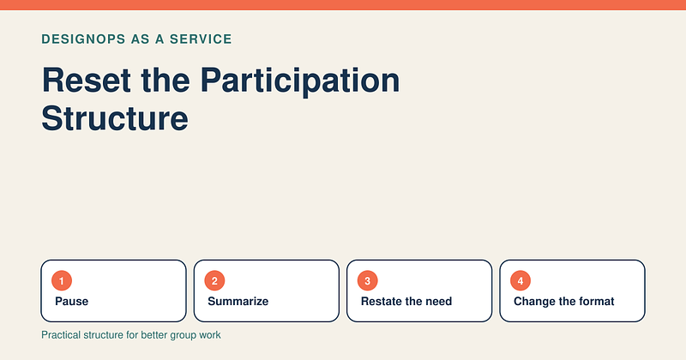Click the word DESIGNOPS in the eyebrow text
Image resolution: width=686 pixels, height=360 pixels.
(83, 39)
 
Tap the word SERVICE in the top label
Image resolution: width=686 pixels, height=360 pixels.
(201, 39)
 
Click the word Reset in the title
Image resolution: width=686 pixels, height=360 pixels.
(87, 80)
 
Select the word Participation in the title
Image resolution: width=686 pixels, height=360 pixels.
(300, 81)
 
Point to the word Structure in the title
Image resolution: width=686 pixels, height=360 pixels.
(115, 118)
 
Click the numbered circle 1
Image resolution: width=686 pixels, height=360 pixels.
(62, 281)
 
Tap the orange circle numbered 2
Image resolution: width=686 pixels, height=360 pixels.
(214, 281)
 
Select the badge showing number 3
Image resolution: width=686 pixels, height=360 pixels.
(368, 281)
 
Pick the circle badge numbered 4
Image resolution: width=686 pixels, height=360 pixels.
(521, 281)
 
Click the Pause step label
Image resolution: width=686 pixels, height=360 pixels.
(72, 302)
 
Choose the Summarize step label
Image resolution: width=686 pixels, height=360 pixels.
(238, 302)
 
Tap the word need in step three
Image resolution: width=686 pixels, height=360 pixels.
(438, 302)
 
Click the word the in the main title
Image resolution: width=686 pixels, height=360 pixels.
(165, 80)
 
